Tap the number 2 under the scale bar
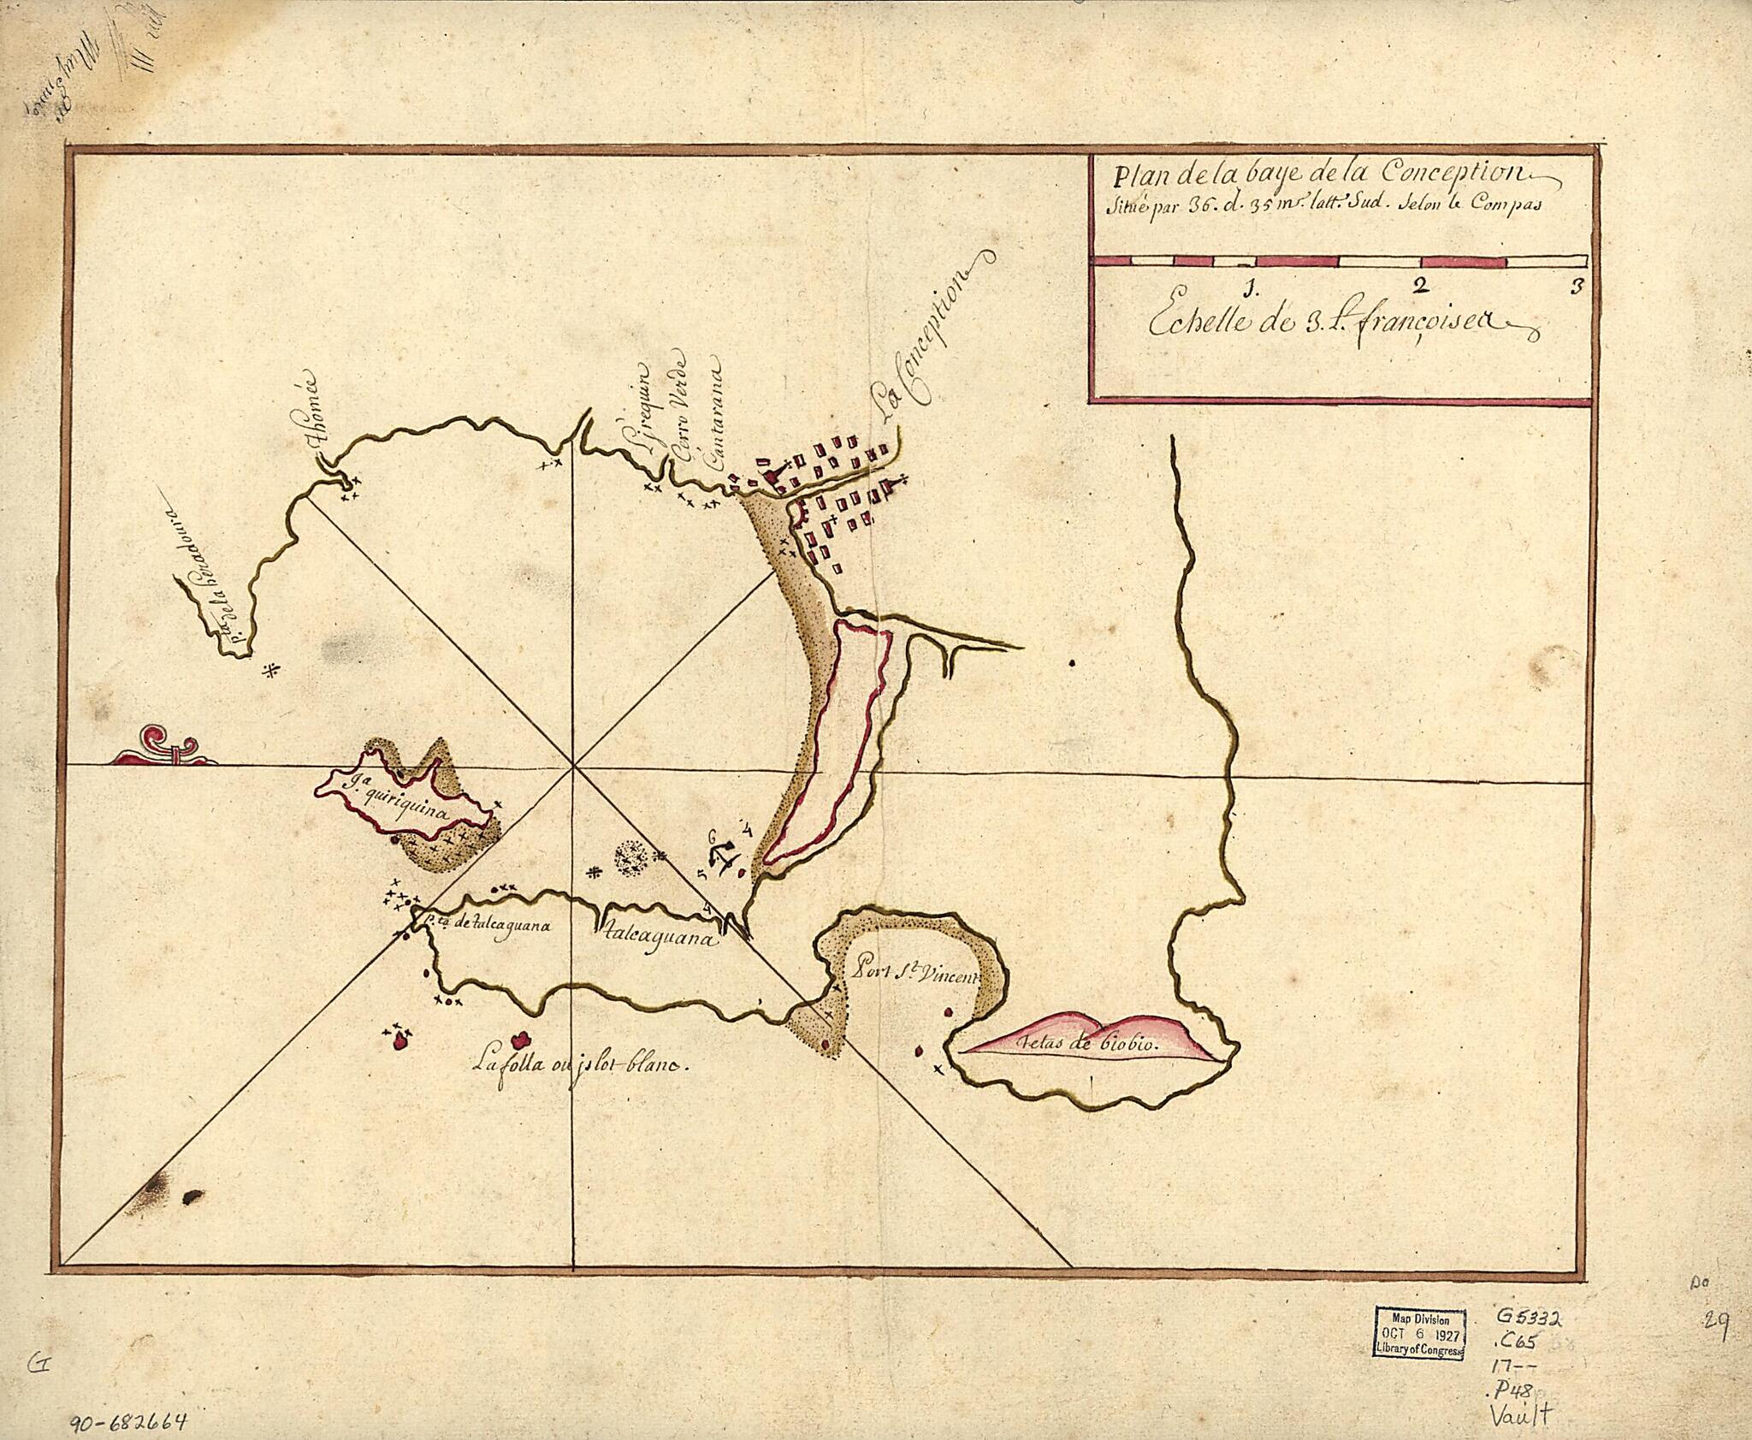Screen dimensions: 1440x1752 tap(1421, 285)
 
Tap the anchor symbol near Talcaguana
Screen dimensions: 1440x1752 tap(723, 857)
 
